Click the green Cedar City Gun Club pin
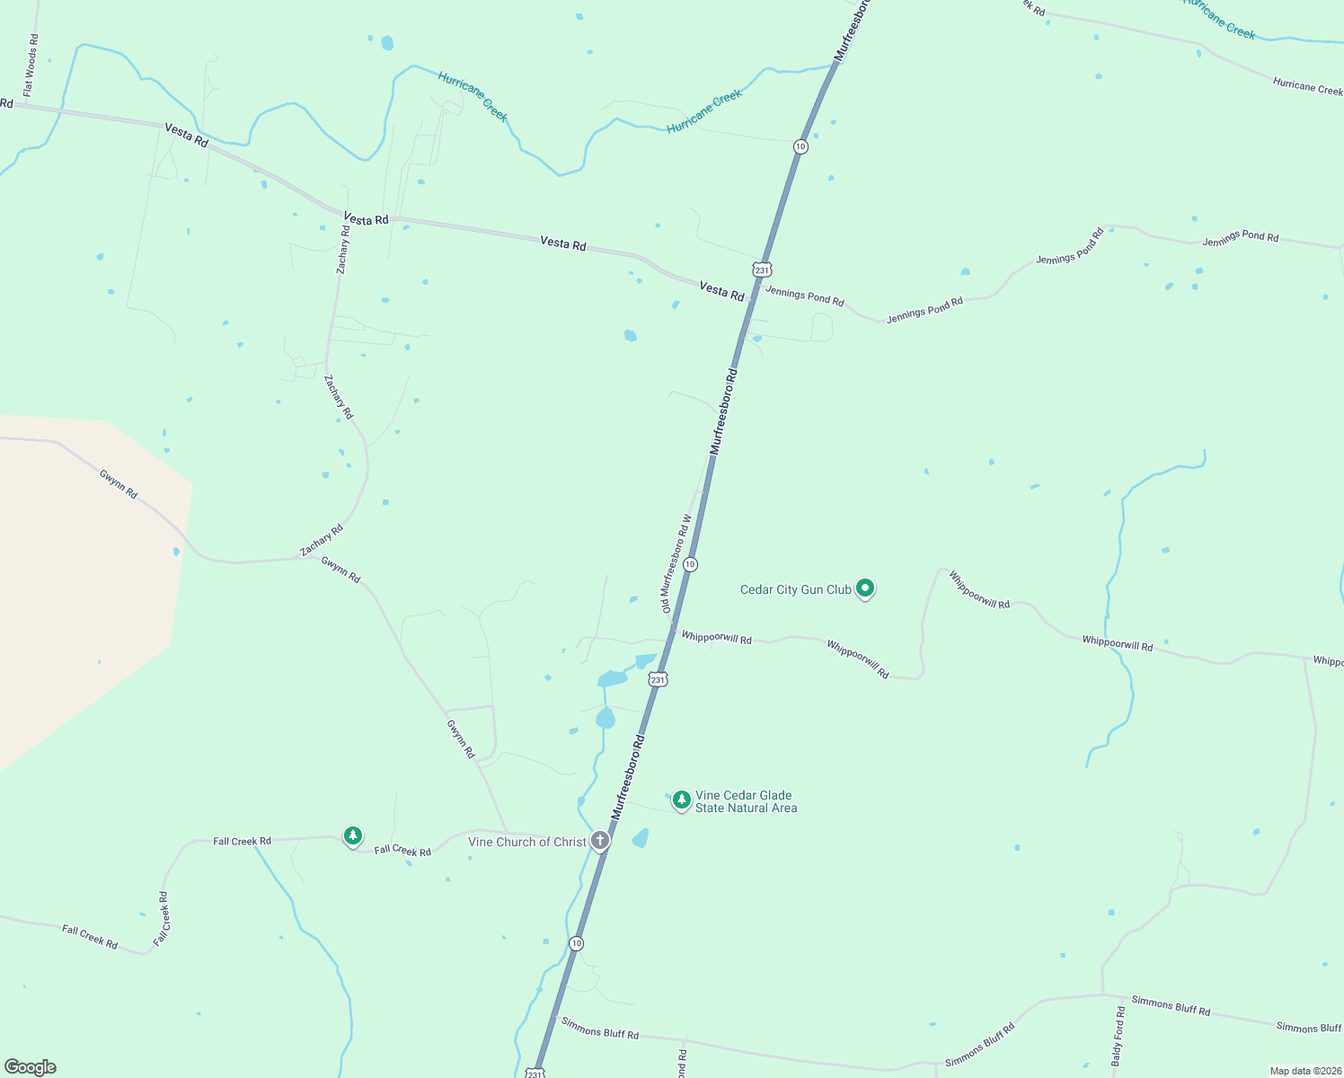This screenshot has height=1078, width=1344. [x=865, y=588]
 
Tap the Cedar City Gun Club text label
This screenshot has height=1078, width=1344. [x=795, y=590]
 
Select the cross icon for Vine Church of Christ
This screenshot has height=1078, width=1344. [x=600, y=841]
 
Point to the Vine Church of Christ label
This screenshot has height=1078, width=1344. [x=527, y=842]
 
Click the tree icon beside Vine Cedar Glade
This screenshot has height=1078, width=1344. [x=682, y=799]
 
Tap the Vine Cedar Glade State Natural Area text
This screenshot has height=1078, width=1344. [x=746, y=801]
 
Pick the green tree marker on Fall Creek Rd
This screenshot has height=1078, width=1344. [x=353, y=836]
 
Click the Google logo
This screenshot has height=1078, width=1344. [x=31, y=1067]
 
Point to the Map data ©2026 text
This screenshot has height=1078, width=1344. [x=1304, y=1071]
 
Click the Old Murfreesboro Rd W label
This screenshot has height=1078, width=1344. [x=676, y=564]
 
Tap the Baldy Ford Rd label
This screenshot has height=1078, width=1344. [x=1118, y=1036]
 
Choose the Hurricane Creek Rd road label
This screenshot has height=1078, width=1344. [x=1307, y=86]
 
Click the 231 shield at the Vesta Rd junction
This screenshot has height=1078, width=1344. [x=763, y=269]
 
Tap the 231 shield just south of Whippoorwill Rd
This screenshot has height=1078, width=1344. [x=659, y=680]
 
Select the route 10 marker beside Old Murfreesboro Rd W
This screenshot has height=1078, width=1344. [x=690, y=564]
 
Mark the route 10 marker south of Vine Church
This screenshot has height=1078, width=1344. [x=576, y=943]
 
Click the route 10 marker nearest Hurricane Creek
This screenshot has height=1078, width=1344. [x=800, y=146]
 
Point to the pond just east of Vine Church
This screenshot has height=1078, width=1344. [x=641, y=838]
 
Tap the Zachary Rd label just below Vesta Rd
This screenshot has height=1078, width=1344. [x=344, y=249]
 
